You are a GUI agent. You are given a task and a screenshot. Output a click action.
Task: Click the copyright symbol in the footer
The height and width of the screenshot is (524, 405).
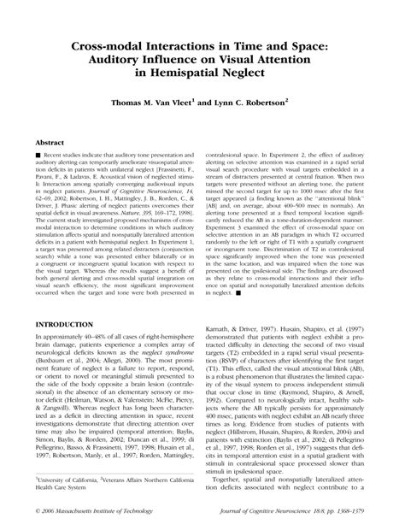click(30, 511)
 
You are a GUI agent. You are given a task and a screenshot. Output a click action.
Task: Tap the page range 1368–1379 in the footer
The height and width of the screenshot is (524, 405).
click(361, 511)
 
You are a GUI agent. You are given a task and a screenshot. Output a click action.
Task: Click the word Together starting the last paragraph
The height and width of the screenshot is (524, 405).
click(228, 488)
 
